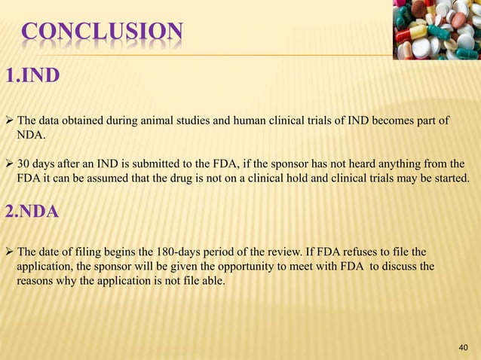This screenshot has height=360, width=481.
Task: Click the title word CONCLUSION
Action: [101, 32]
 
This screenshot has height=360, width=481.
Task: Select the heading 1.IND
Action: [29, 77]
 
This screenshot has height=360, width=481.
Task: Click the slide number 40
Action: [463, 346]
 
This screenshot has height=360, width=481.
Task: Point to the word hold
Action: [301, 178]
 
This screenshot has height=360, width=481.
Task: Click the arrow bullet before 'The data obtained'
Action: [9, 121]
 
